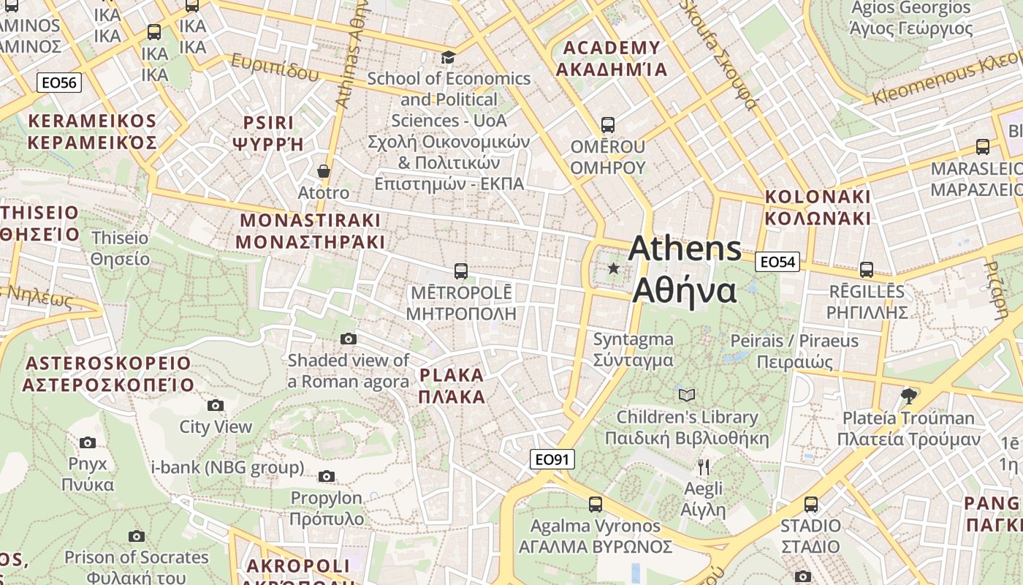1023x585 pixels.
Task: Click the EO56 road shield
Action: (59, 83)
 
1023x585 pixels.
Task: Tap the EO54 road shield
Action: (778, 262)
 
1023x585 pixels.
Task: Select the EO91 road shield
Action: (552, 459)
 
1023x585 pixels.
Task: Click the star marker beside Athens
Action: (614, 269)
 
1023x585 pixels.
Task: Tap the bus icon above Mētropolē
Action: (461, 271)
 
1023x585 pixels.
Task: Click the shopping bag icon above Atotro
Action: (324, 172)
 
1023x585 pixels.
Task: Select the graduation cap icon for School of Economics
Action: (449, 57)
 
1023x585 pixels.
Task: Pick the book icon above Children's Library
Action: (686, 395)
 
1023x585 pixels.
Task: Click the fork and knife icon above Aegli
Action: (704, 467)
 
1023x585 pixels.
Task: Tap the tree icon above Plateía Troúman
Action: (909, 396)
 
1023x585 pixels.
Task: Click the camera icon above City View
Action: (216, 405)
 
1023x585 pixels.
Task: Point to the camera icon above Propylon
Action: (327, 477)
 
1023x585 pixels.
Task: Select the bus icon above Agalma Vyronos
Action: (596, 504)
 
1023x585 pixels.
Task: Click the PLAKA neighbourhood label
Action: (452, 386)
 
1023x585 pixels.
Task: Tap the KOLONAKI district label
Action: (818, 207)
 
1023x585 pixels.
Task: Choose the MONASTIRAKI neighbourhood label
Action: (311, 230)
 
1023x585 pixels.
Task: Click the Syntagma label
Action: (633, 350)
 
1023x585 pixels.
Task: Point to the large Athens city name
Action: (685, 269)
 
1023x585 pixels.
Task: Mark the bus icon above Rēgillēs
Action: (867, 270)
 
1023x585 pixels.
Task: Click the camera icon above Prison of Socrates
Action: (137, 537)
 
